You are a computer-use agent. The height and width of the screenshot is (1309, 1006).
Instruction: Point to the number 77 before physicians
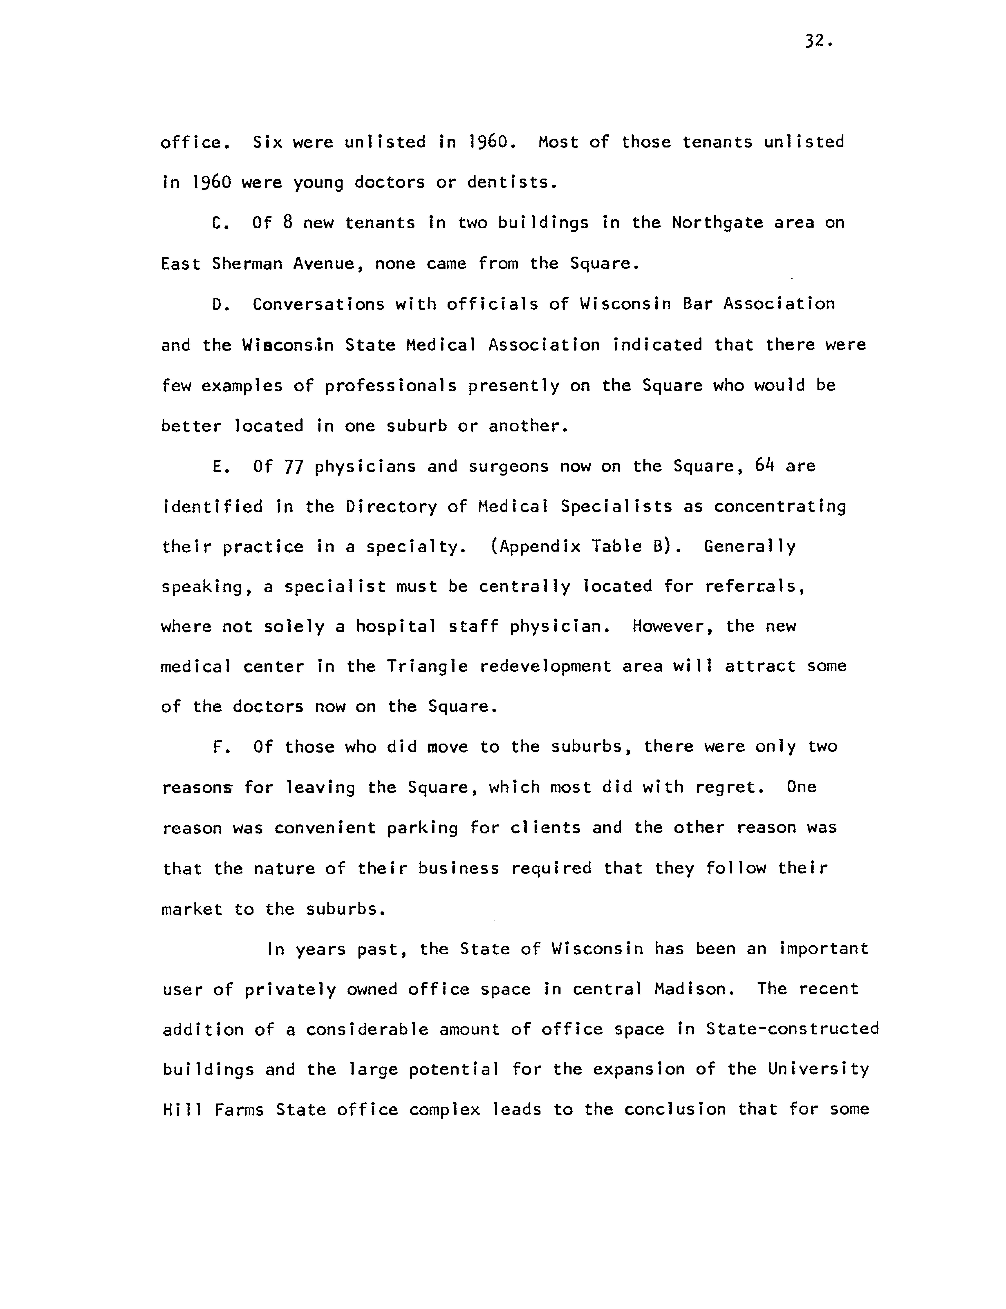pos(293,467)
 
